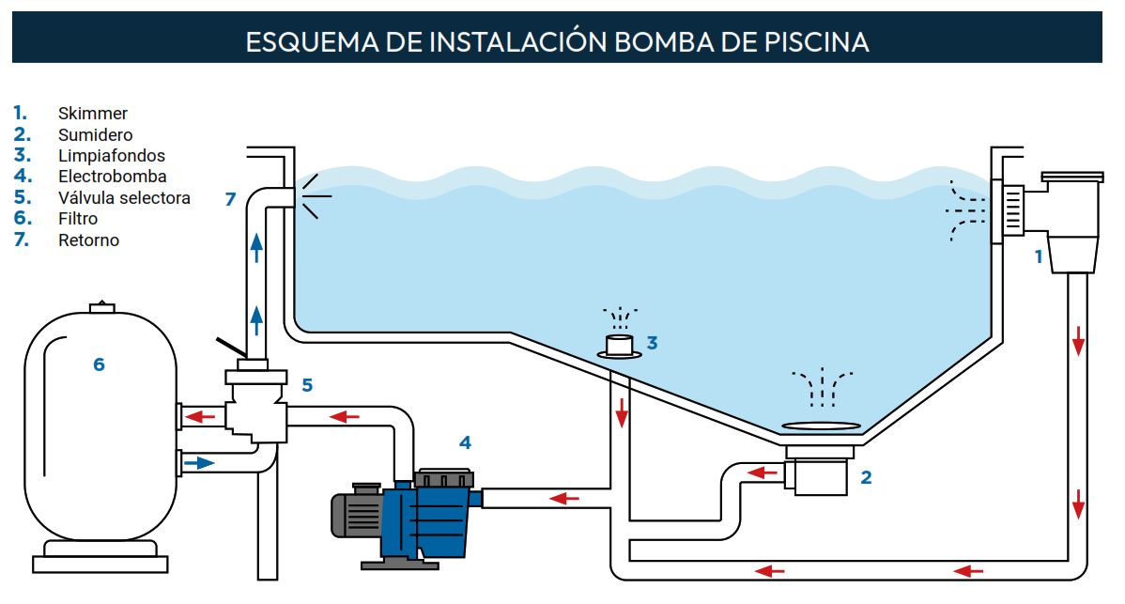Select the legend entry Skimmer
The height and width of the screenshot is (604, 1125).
(92, 114)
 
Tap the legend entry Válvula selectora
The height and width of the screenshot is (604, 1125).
(124, 197)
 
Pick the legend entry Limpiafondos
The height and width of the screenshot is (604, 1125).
(111, 156)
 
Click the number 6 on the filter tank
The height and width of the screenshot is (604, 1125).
(99, 364)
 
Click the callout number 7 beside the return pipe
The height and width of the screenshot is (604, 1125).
(230, 198)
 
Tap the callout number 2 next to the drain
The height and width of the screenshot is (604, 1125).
(866, 477)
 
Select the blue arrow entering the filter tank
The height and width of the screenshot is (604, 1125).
(198, 463)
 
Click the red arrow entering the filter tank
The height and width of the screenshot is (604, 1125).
(197, 415)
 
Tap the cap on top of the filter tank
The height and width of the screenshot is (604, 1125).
(100, 307)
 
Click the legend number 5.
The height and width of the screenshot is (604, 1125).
(22, 197)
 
